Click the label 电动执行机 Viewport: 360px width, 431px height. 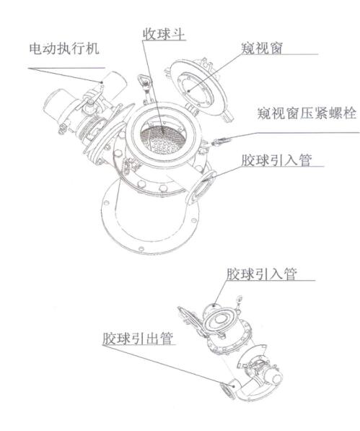pyautogui.click(x=63, y=48)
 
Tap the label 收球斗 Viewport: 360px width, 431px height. pyautogui.click(x=164, y=34)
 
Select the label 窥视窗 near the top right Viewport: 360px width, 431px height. pyautogui.click(x=262, y=48)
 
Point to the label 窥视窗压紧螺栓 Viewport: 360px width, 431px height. pyautogui.click(x=307, y=113)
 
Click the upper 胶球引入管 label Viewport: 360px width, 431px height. pyautogui.click(x=276, y=160)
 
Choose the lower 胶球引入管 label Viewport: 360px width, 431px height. pyautogui.click(x=262, y=274)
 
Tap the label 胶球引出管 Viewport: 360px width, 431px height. pyautogui.click(x=138, y=339)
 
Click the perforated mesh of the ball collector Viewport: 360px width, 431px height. pyautogui.click(x=162, y=141)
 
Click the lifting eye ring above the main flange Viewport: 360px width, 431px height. pyautogui.click(x=144, y=81)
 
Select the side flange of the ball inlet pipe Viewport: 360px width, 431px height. pyautogui.click(x=201, y=188)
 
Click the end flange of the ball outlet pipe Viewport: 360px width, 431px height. pyautogui.click(x=228, y=391)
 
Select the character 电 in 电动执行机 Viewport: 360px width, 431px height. pyautogui.click(x=35, y=48)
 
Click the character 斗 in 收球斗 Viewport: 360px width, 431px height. pyautogui.click(x=178, y=34)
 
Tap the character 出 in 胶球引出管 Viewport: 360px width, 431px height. pyautogui.click(x=152, y=339)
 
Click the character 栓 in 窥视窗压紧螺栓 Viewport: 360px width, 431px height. pyautogui.click(x=350, y=113)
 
